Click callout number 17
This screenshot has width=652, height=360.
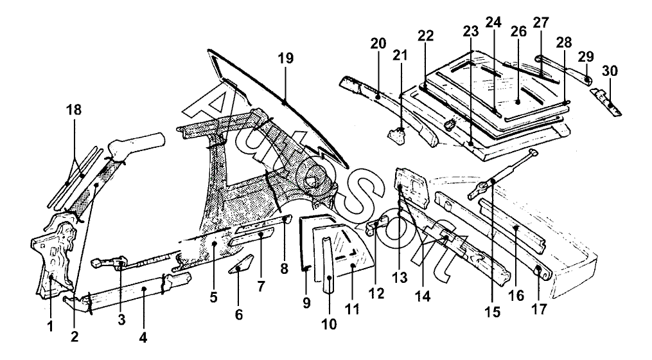[x=538, y=310]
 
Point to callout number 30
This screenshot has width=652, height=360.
[x=610, y=71]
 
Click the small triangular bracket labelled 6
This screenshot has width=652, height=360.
[x=241, y=264]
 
